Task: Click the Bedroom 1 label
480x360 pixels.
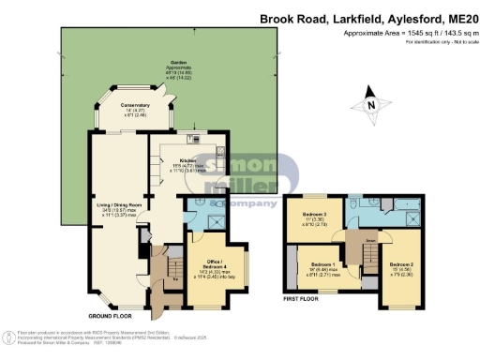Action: [324, 265]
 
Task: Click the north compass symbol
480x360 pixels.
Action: [369, 108]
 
